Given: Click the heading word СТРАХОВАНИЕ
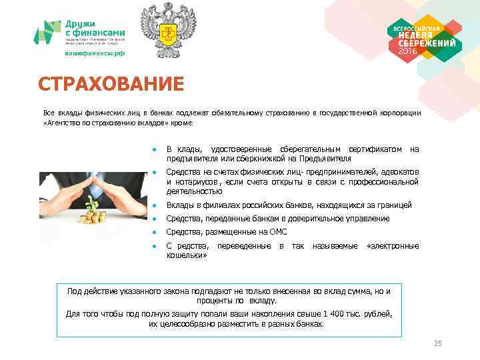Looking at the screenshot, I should click(x=110, y=85).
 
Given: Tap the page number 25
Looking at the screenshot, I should click(x=437, y=343).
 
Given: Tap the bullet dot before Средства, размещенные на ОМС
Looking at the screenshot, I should click(x=154, y=232).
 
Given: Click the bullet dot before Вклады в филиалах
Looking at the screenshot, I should click(x=154, y=205).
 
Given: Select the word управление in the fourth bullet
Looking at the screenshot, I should click(x=365, y=219).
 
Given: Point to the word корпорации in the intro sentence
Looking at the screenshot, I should click(x=400, y=113).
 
